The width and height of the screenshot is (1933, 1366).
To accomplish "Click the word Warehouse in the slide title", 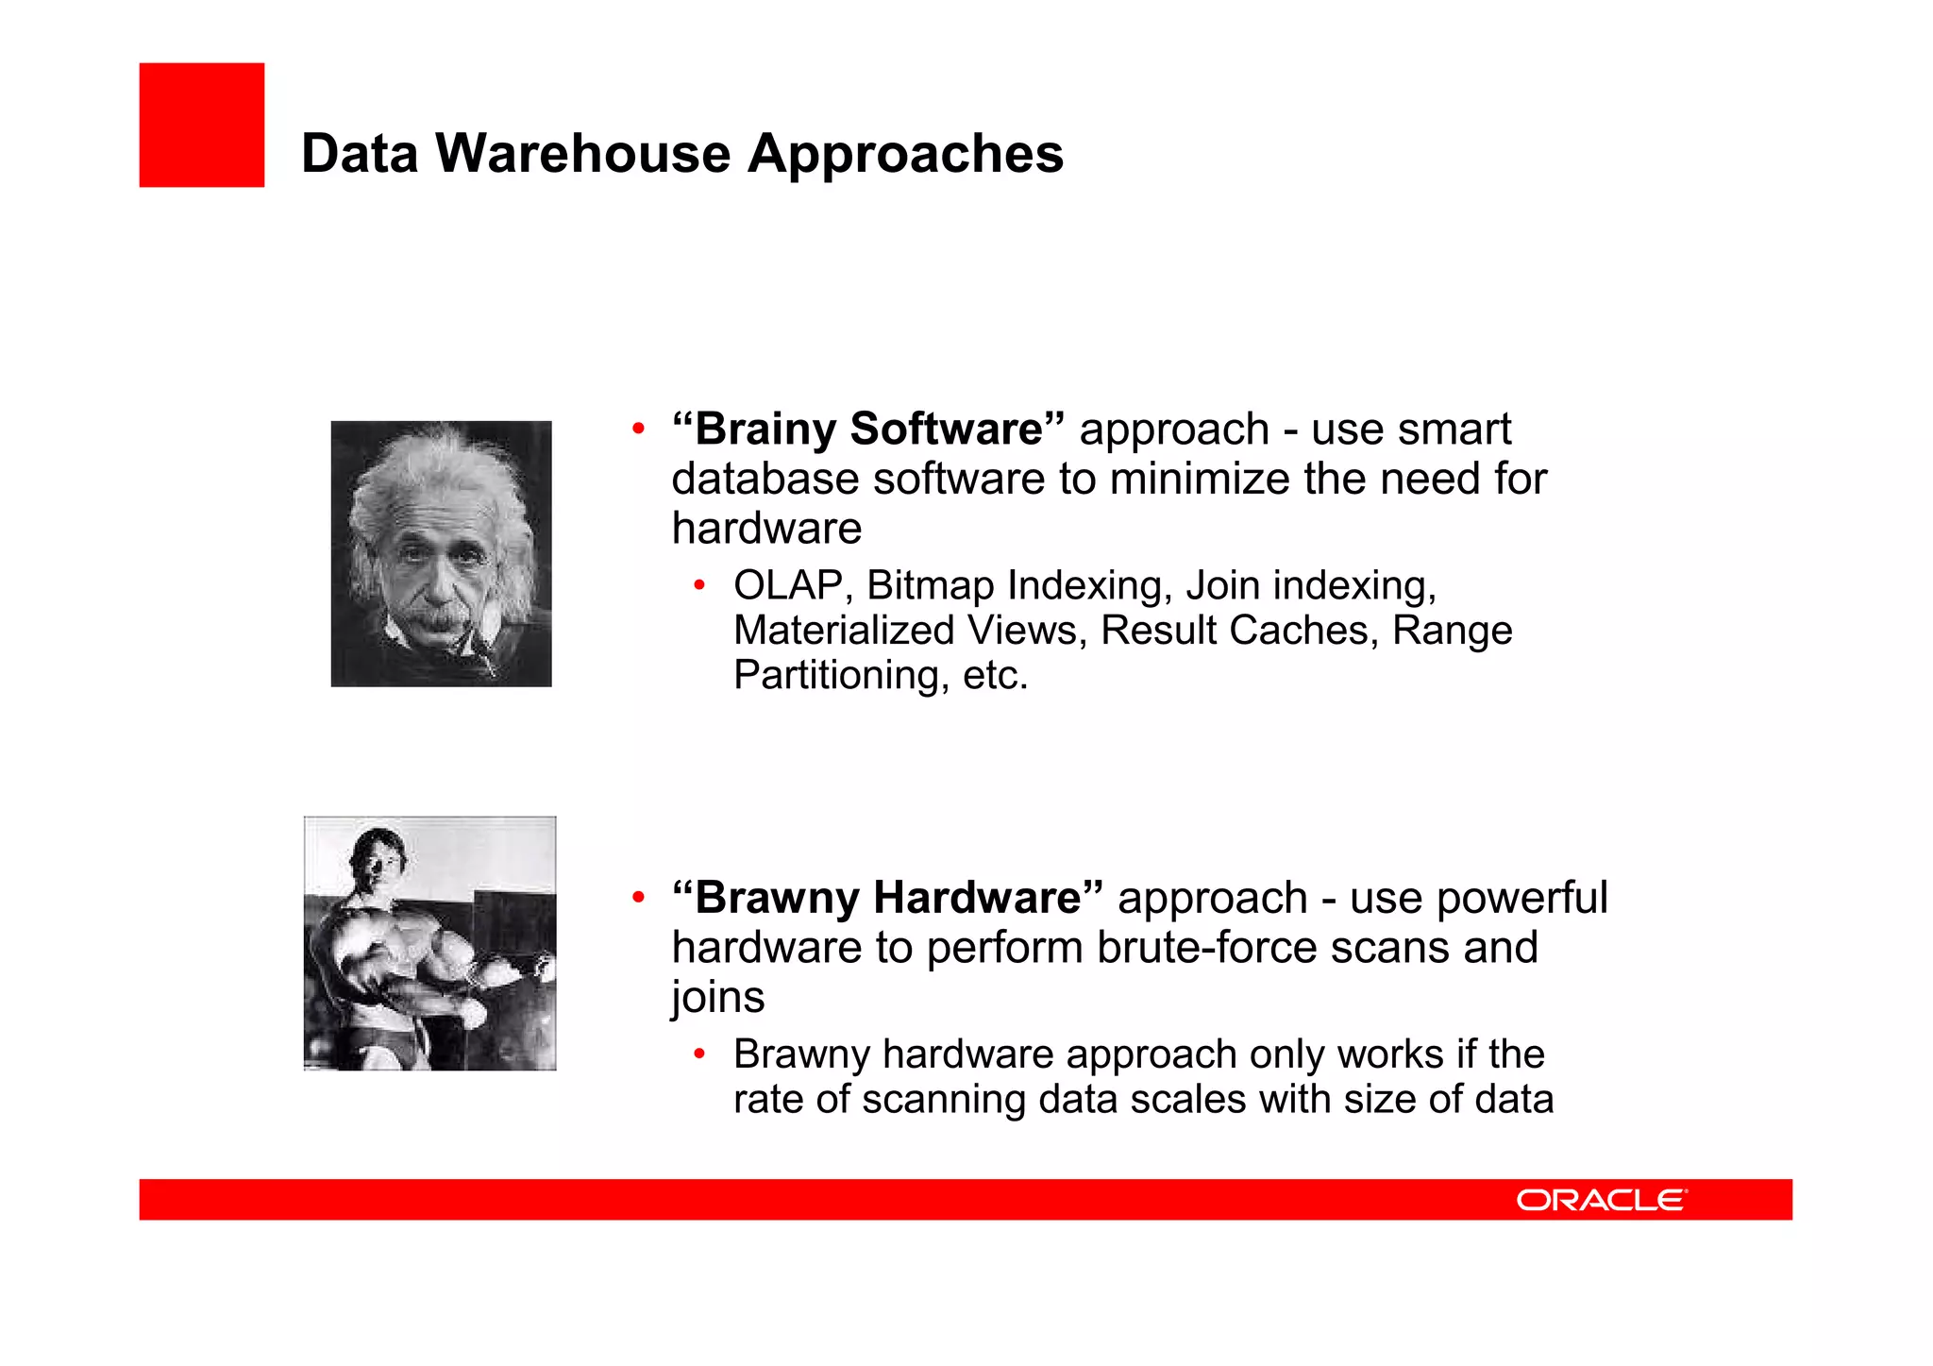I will point(582,153).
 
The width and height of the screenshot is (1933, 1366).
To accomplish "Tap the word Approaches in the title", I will point(905,155).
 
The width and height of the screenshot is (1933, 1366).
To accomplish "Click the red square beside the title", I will point(201,125).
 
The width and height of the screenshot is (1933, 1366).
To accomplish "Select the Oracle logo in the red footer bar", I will point(1601,1200).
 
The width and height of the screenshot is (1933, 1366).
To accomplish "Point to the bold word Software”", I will point(957,430).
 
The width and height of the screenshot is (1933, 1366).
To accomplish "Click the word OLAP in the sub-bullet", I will point(787,585).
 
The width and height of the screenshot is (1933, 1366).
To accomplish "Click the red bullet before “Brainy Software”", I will point(638,430).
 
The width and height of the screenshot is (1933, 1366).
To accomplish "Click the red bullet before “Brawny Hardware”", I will point(638,898).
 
